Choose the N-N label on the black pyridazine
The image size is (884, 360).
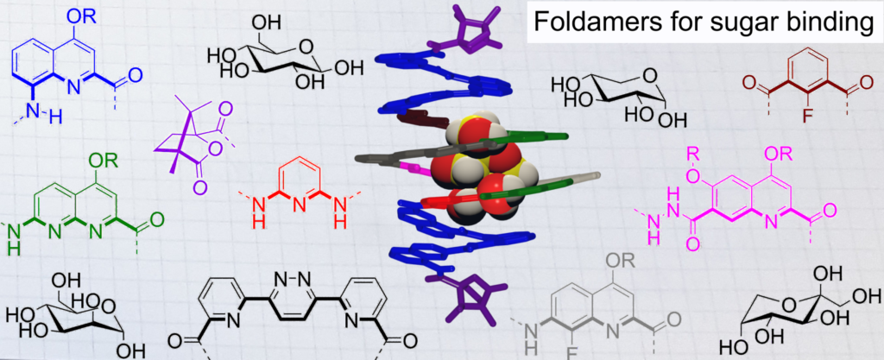[x=294, y=278]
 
